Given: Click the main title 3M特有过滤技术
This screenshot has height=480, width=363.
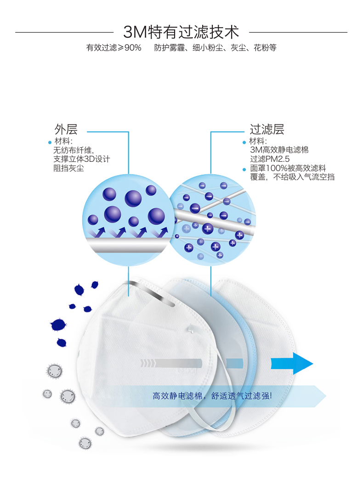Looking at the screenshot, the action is [x=181, y=32].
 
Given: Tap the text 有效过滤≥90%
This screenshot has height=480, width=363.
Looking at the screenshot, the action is [x=114, y=48].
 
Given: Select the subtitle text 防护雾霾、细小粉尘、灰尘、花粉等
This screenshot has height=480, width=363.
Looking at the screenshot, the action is [x=216, y=48].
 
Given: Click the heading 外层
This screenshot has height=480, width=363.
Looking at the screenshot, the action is [x=66, y=129].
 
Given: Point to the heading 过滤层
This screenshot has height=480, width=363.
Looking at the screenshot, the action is [x=267, y=129].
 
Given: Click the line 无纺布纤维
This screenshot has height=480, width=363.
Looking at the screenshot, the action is [x=74, y=150].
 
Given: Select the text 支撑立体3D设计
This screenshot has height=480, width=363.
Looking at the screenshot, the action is [x=82, y=159].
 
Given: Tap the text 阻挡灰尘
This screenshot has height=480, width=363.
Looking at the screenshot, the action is [x=68, y=168].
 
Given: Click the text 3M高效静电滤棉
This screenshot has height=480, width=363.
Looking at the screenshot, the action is [x=279, y=150].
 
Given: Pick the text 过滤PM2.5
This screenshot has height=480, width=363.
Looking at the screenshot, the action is [x=270, y=159].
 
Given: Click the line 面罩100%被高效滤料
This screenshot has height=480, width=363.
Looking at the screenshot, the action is [x=288, y=168].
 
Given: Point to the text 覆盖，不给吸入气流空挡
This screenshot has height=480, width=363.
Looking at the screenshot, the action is [x=292, y=177].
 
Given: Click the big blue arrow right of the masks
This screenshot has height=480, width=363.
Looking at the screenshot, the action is [x=292, y=363].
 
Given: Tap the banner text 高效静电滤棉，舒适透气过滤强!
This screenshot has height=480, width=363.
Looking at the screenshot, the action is [x=212, y=396].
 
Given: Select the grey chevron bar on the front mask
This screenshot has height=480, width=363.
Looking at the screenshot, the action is [x=171, y=363].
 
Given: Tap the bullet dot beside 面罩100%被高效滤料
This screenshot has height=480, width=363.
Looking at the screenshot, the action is [x=244, y=169].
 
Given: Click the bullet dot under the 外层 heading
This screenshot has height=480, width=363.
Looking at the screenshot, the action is [x=50, y=143].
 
